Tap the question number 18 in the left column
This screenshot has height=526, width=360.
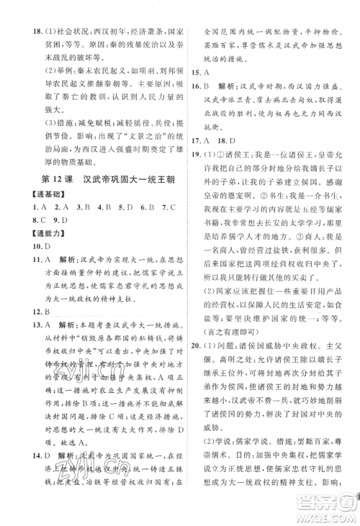[x=30, y=12]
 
